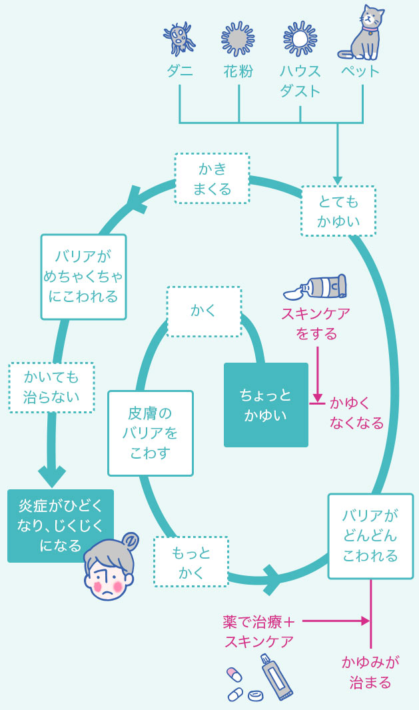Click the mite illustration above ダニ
pyautogui.click(x=179, y=39)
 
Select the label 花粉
pyautogui.click(x=238, y=72)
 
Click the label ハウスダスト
pyautogui.click(x=300, y=81)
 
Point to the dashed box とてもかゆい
pyautogui.click(x=338, y=211)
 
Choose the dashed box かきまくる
pyautogui.click(x=212, y=178)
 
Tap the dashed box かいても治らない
pyautogui.click(x=51, y=387)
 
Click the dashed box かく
pyautogui.click(x=203, y=311)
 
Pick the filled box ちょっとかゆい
pyautogui.click(x=266, y=405)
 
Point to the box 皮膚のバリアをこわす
pyautogui.click(x=151, y=433)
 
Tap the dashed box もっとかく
pyautogui.click(x=191, y=561)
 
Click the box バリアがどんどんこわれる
pyautogui.click(x=370, y=536)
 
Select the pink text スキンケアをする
pyautogui.click(x=316, y=323)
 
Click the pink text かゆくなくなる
pyautogui.click(x=356, y=413)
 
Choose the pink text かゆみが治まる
pyautogui.click(x=370, y=671)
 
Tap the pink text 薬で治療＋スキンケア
pyautogui.click(x=259, y=631)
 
